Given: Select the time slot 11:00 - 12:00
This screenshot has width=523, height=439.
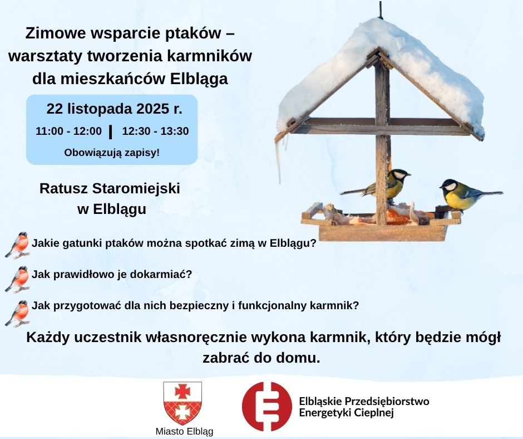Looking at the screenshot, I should pos(68,131).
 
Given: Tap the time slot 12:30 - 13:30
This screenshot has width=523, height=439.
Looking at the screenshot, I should pos(155,131).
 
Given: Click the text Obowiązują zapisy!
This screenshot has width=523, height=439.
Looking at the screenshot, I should pos(112,152).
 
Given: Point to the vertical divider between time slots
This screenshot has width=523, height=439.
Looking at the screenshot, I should pos(111,131).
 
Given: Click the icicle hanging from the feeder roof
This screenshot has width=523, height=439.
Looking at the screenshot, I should pos(279,159).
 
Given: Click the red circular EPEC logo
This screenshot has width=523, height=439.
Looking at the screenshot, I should pos(267,406).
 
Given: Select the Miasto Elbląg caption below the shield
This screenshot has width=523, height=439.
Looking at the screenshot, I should pos(184,432).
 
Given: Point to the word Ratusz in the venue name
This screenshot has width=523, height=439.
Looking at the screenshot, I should pos(61,188).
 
